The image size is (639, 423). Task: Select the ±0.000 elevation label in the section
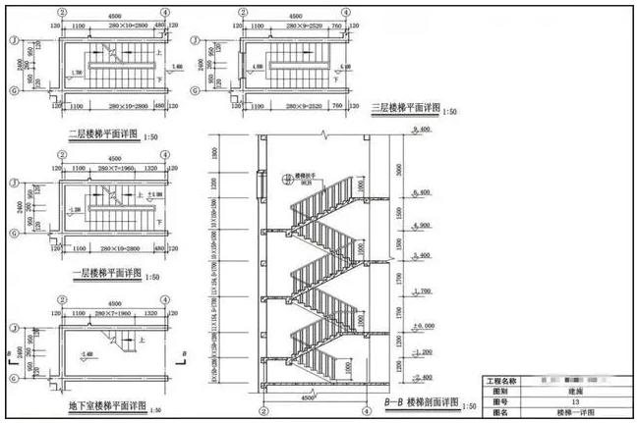[425, 325]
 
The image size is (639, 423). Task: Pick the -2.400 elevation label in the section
[425, 377]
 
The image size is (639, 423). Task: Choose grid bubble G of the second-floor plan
[14, 91]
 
